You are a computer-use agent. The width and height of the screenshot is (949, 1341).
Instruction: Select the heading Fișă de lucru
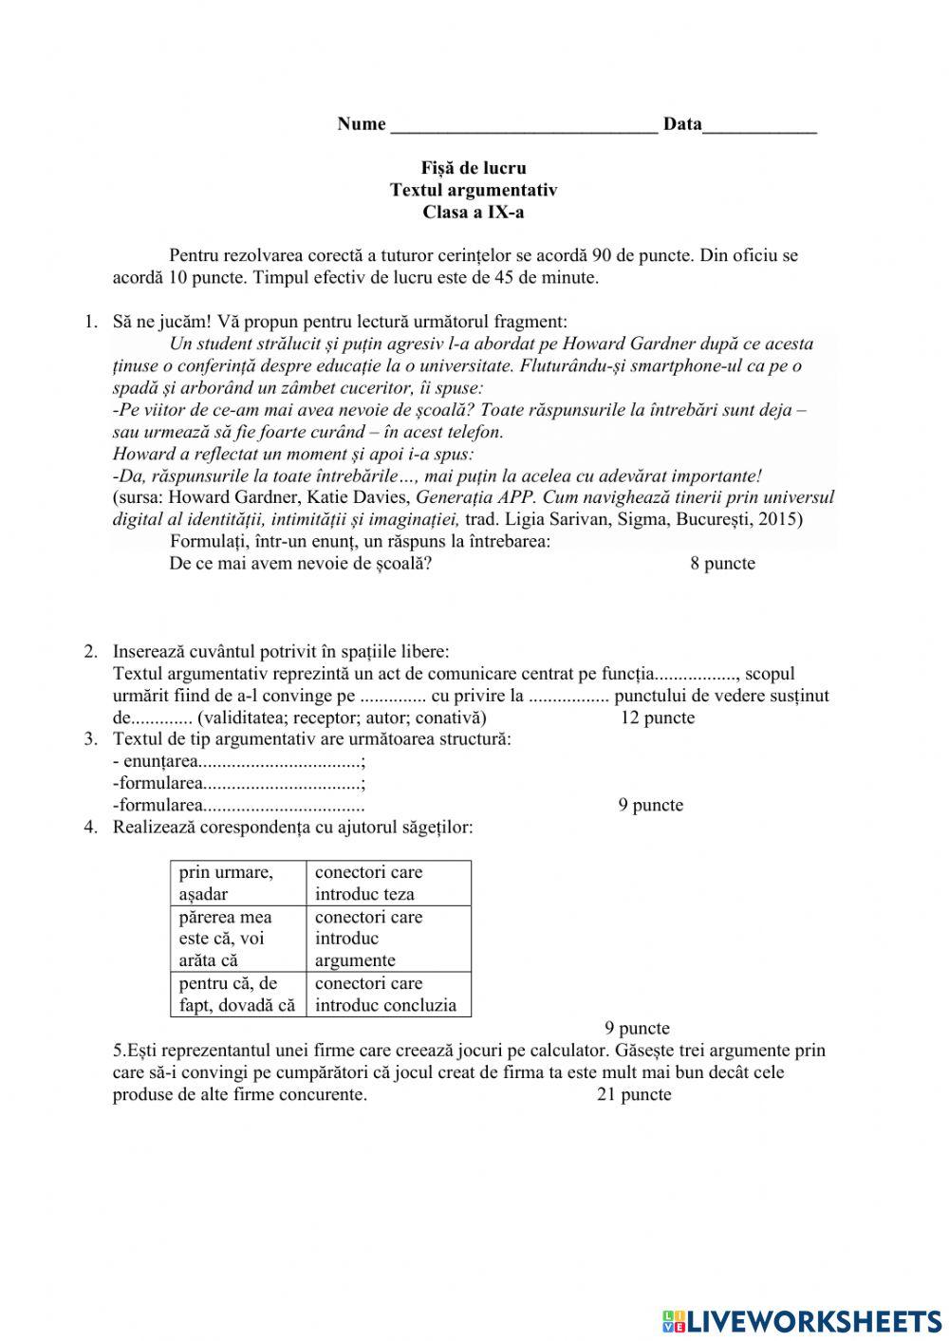pos(474,168)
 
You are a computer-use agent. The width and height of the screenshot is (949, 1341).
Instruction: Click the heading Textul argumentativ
pos(474,190)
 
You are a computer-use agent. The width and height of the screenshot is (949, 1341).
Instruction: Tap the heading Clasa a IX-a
pos(474,212)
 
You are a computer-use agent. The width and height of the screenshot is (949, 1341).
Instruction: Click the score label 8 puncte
pos(722,564)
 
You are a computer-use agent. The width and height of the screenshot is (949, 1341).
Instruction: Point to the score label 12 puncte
pos(657,717)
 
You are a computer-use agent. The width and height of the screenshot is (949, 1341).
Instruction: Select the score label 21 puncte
pos(634,1094)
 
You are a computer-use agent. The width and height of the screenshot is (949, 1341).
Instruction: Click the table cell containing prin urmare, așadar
pos(238,883)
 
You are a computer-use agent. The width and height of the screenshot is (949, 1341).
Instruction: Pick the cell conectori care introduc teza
pos(388,883)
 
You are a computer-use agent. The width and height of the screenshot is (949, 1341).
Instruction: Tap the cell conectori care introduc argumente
pos(388,939)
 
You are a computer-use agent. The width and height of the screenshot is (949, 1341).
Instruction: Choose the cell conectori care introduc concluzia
pos(388,995)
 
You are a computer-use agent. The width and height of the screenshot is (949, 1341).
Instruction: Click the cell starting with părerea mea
pos(238,939)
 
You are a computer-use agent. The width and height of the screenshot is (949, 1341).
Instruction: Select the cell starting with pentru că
pos(238,995)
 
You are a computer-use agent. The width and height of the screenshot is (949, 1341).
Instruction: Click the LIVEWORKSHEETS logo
pos(802,1320)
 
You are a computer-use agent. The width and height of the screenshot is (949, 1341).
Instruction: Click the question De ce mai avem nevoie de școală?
pos(301,564)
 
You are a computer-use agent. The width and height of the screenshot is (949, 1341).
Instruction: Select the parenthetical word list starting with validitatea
pos(342,717)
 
